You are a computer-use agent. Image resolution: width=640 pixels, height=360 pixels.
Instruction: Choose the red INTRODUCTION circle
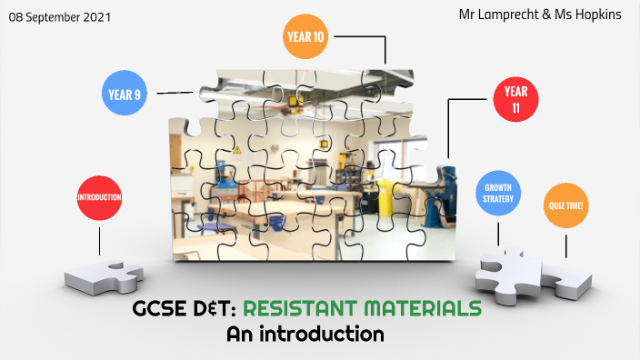pos(99,196)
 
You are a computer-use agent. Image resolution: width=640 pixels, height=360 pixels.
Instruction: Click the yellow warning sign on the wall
pos(238,146)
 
